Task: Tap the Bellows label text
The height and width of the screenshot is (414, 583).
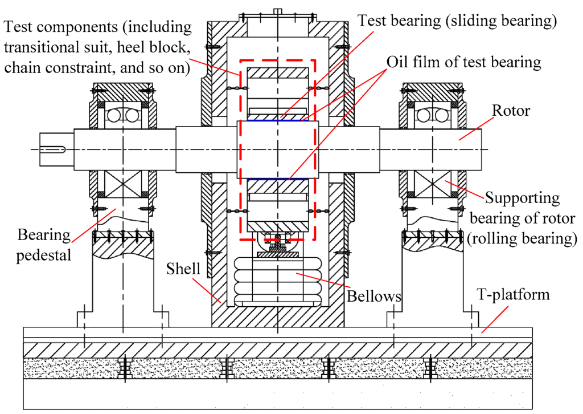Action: pos(373,297)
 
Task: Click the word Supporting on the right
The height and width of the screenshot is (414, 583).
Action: pos(522,198)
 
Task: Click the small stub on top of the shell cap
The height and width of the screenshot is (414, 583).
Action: pos(277,10)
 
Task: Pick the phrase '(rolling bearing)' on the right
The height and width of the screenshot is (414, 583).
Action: pos(519,238)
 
